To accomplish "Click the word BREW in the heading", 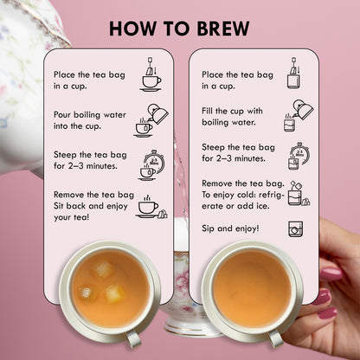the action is click(223, 29).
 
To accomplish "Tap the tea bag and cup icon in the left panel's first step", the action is click(151, 74).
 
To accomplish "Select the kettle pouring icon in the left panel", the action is click(151, 120).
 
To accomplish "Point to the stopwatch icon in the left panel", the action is click(152, 165).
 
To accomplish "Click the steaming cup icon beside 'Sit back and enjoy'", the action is click(151, 207).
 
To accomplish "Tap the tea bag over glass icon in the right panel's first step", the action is click(294, 73).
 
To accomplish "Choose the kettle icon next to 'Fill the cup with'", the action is click(299, 116).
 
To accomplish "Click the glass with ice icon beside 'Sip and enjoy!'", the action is click(296, 229).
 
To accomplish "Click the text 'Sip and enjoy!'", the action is click(230, 228).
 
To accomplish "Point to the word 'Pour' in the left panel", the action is click(62, 115).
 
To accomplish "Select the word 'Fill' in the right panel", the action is click(207, 111).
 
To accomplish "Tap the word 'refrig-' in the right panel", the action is click(272, 195).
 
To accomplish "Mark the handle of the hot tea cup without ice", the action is click(275, 338).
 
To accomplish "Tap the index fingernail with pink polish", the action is click(331, 273).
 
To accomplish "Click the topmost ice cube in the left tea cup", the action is click(103, 270).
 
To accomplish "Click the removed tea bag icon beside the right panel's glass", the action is click(305, 201).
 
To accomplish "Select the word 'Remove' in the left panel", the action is click(69, 195).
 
